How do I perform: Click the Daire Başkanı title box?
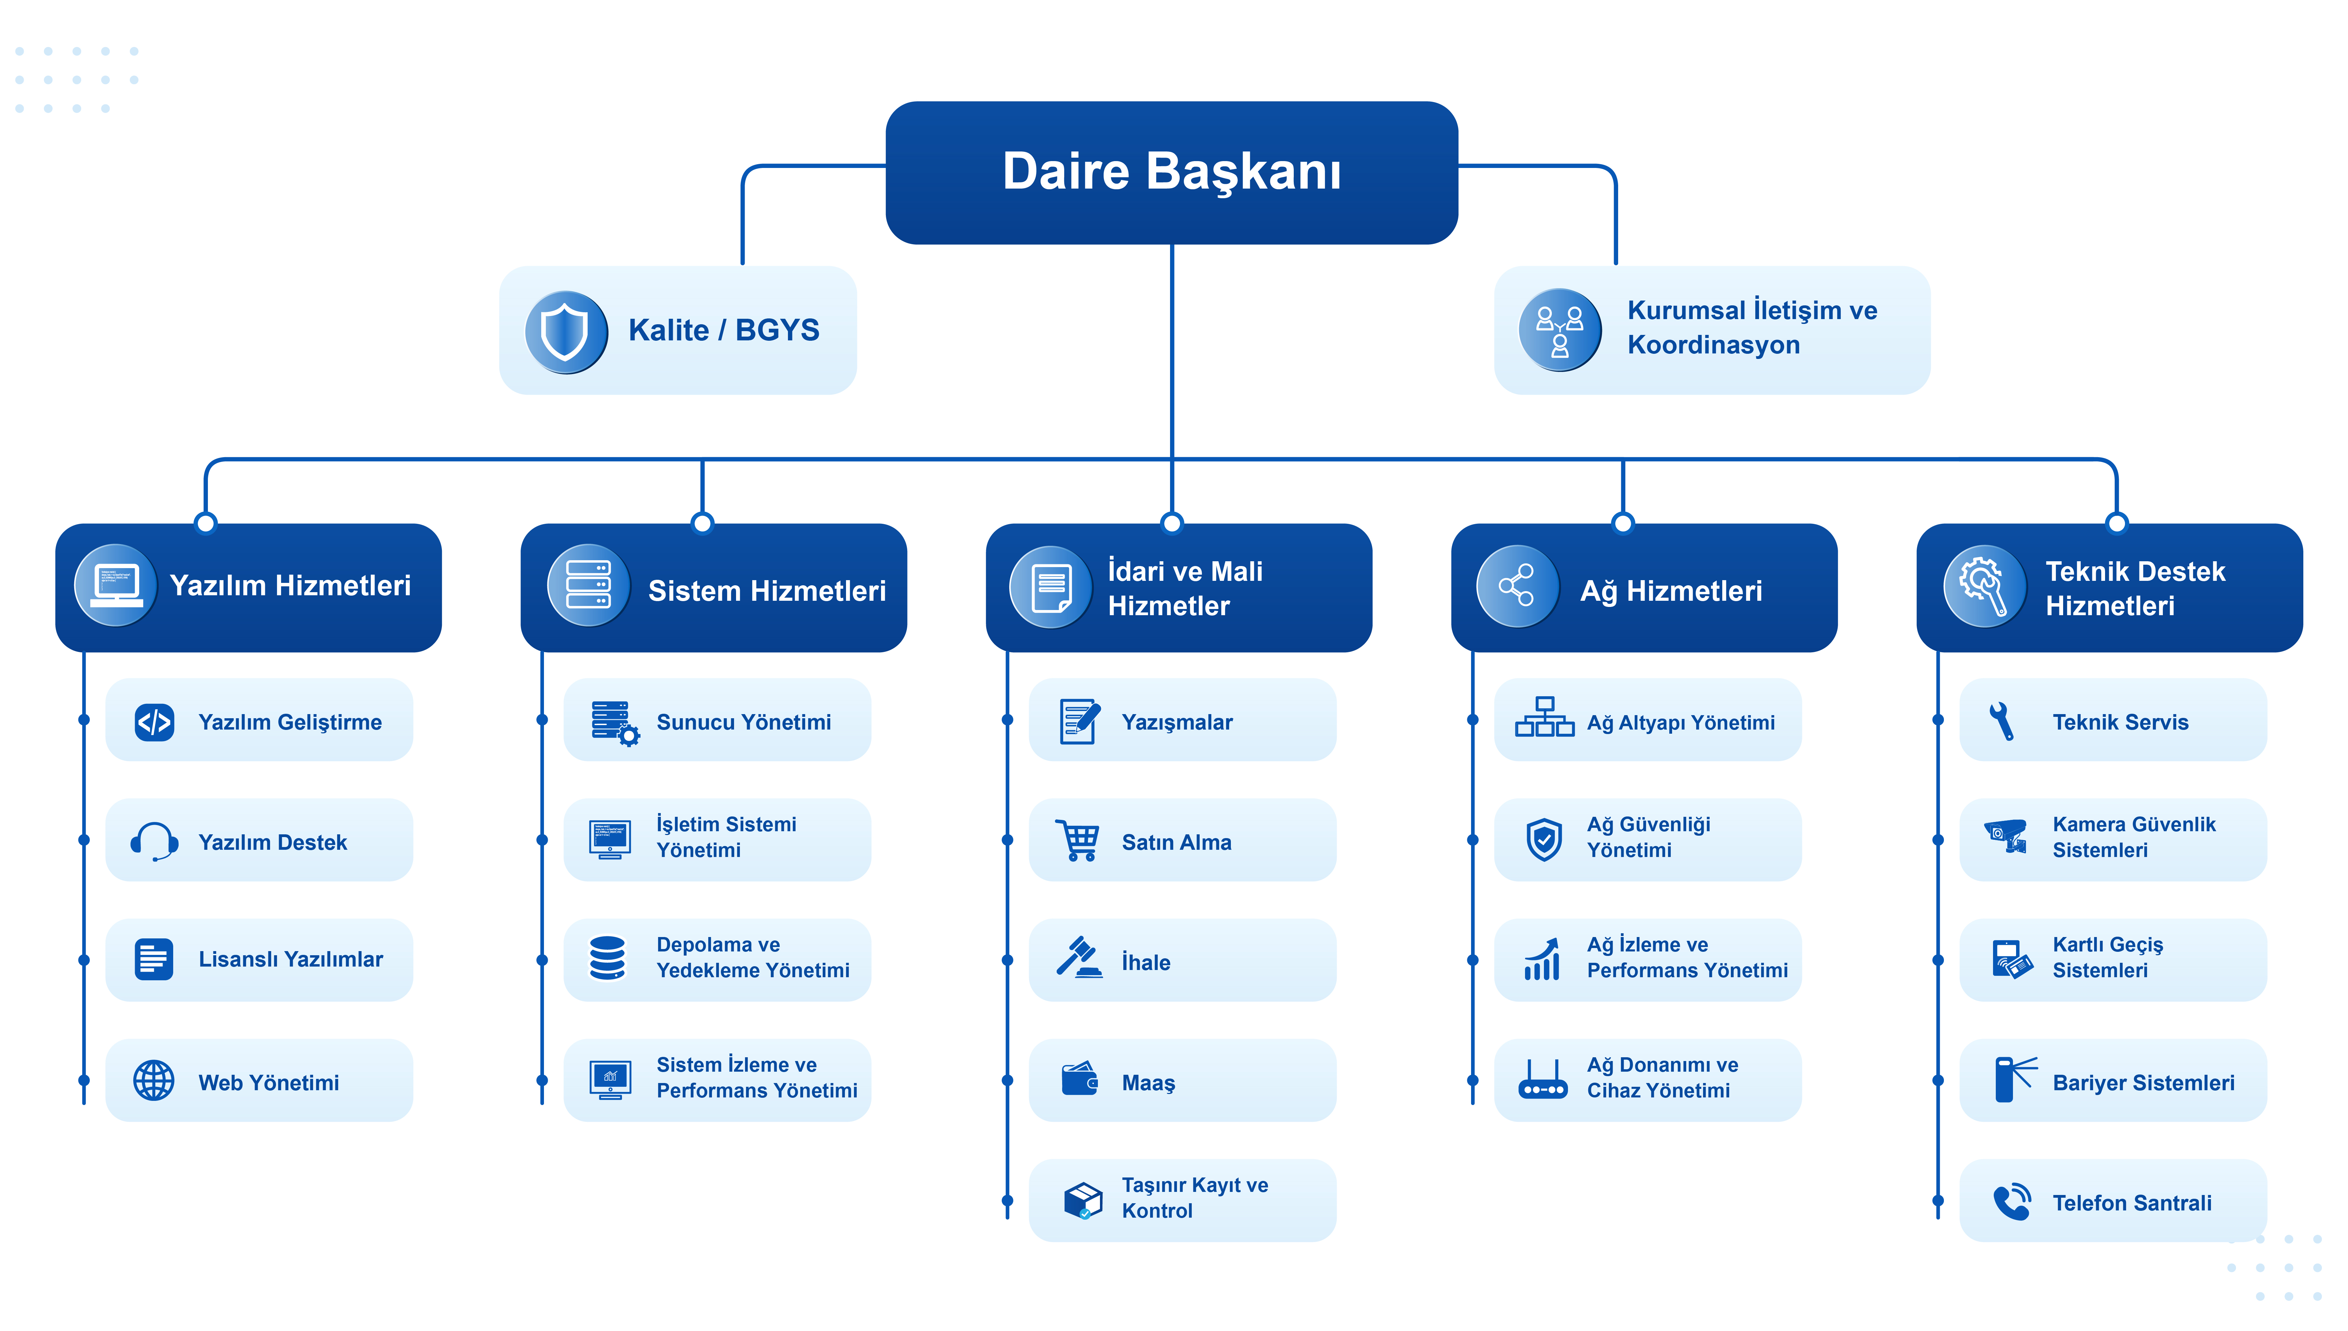(x=1171, y=173)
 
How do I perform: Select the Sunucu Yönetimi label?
(x=743, y=722)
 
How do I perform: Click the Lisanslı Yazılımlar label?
(x=291, y=959)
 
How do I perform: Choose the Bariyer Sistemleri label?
(x=2143, y=1082)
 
